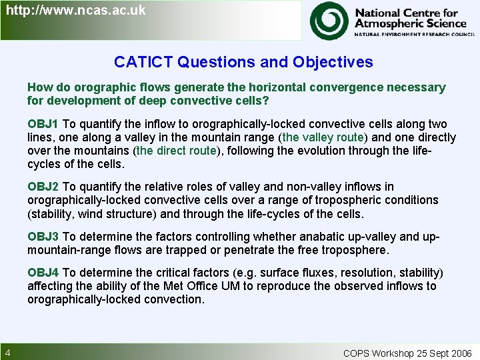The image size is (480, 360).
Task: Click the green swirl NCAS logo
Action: point(329,20)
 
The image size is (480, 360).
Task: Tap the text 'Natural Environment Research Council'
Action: point(410,33)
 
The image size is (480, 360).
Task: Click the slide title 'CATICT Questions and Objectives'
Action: point(243,62)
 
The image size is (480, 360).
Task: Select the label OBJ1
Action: point(43,124)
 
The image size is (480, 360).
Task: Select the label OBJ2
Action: point(43,187)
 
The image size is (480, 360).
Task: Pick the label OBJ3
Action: point(43,237)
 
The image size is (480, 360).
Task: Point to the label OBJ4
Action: point(43,273)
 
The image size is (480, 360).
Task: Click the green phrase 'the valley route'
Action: point(323,137)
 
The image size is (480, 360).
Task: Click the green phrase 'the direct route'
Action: point(177,151)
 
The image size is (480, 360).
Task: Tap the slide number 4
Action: point(7,353)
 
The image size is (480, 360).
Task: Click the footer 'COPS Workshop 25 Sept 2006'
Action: point(407,353)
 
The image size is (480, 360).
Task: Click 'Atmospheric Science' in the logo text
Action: point(410,23)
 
